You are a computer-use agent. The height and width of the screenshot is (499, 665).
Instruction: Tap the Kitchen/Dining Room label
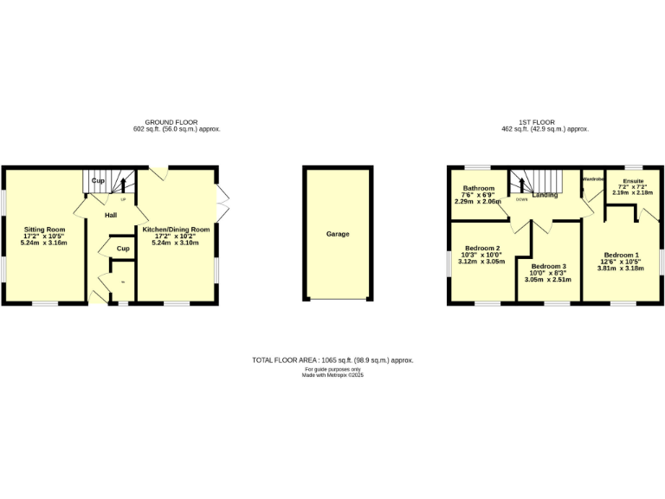176,230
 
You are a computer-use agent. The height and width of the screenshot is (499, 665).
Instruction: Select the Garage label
338,234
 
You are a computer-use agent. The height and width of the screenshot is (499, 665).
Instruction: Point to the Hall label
112,215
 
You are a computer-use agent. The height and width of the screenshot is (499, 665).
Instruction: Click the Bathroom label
478,188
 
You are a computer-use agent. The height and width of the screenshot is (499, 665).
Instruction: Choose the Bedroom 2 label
482,248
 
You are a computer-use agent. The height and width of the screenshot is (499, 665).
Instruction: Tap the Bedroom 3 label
549,266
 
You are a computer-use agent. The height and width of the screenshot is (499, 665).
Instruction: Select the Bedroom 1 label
621,256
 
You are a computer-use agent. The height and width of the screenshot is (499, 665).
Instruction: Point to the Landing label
545,195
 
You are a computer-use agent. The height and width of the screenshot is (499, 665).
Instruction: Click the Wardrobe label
592,179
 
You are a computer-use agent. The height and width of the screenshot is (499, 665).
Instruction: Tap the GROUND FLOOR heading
171,122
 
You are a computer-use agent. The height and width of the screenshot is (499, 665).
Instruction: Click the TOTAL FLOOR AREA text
332,359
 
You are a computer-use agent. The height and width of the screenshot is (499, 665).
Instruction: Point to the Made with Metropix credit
332,375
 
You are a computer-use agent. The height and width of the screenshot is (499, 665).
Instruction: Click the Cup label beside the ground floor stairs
98,180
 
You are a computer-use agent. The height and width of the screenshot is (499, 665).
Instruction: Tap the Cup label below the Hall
123,249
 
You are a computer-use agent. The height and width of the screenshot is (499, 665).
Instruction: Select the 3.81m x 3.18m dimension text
621,269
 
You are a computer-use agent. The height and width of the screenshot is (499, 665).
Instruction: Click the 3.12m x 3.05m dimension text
481,261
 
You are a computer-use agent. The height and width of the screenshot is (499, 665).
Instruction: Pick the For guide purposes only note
332,369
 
